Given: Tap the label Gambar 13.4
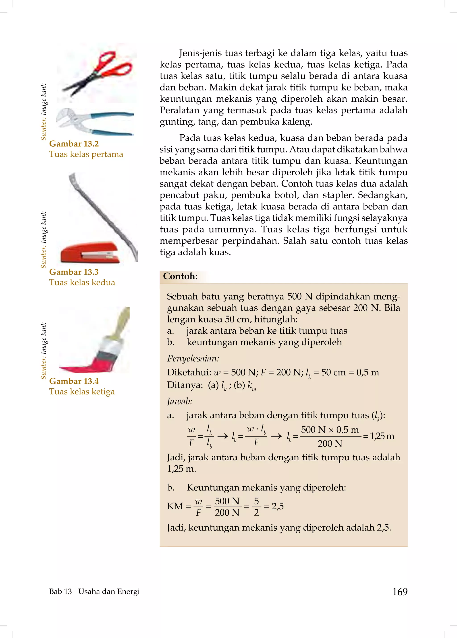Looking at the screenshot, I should [74, 381].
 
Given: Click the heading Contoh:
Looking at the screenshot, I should [180, 276].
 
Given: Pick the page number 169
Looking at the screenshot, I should [400, 592].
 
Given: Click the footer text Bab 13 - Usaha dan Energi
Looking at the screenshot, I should [94, 592].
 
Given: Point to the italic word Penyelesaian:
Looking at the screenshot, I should [193, 358].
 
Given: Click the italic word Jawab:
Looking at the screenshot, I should [180, 401].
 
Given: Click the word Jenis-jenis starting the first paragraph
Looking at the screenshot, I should [200, 53].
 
